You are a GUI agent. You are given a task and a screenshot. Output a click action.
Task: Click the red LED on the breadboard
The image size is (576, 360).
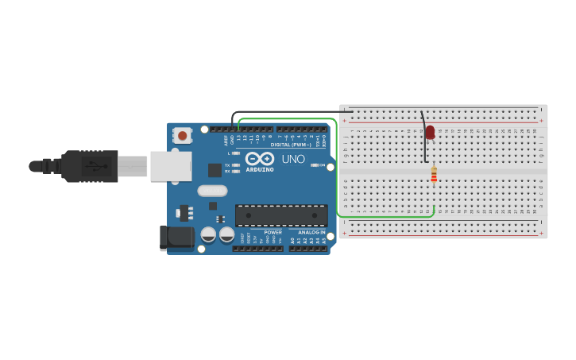(x=430, y=132)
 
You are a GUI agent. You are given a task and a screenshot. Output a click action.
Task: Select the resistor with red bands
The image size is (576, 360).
(x=434, y=175)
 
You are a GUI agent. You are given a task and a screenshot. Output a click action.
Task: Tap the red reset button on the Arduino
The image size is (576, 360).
(x=183, y=135)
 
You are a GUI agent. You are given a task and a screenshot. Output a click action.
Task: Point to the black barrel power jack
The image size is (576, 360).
(x=176, y=237)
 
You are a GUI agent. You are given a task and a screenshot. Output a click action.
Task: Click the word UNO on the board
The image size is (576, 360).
(x=293, y=159)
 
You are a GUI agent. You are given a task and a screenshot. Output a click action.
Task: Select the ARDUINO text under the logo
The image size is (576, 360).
(x=260, y=169)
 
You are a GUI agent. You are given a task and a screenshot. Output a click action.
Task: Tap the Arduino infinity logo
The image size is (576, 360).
(x=260, y=158)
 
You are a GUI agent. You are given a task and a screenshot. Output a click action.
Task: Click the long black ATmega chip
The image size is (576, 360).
(x=281, y=215)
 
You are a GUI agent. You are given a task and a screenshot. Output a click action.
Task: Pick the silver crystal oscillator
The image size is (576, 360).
(x=212, y=191)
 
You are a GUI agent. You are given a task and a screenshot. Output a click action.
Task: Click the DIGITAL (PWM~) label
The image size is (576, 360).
(x=291, y=145)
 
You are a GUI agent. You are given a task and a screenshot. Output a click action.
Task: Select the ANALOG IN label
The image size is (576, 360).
(x=311, y=232)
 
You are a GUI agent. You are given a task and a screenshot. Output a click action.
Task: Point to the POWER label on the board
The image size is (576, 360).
(x=273, y=232)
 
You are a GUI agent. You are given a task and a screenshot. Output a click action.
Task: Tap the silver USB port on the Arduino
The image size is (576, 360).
(x=171, y=166)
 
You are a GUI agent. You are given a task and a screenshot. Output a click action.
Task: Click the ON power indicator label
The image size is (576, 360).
(x=323, y=165)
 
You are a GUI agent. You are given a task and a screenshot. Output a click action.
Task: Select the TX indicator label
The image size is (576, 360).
(x=227, y=165)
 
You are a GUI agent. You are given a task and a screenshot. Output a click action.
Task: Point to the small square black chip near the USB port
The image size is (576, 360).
(x=215, y=170)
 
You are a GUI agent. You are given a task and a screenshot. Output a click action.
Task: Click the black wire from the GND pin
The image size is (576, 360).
(x=286, y=112)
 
